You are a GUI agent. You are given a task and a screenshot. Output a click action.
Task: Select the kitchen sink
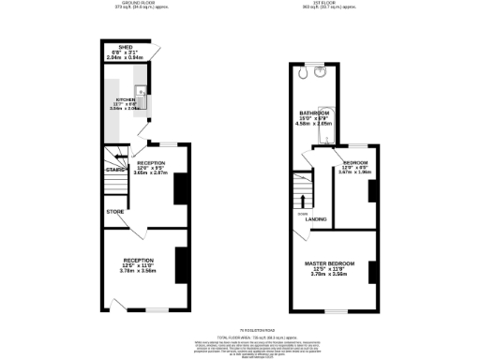(x=139, y=93)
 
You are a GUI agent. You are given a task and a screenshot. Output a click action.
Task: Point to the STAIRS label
(x=115, y=170)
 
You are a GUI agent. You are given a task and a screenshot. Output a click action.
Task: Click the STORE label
(x=114, y=212)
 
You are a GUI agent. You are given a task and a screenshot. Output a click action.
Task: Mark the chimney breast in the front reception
(x=179, y=259)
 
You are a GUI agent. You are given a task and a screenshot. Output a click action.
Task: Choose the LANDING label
(x=316, y=219)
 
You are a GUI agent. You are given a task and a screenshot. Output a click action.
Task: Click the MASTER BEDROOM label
(x=328, y=265)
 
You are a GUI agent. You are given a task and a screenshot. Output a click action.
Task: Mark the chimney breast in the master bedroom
(x=372, y=262)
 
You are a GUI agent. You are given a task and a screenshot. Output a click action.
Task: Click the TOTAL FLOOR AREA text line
(x=240, y=336)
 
